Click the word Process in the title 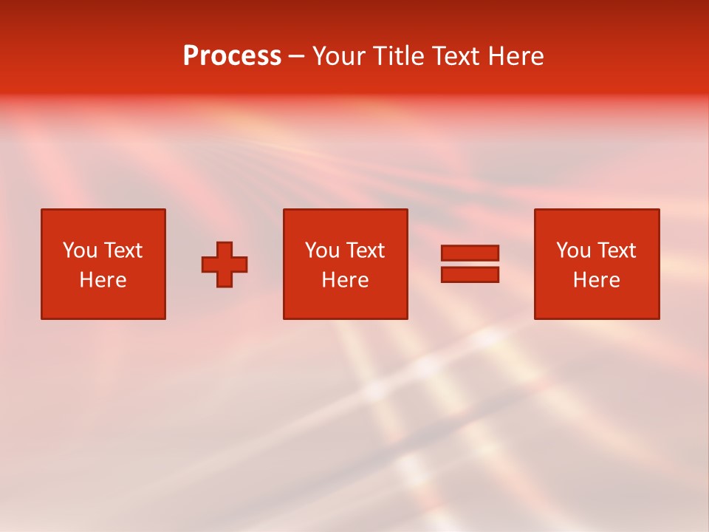pyautogui.click(x=232, y=56)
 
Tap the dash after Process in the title pyautogui.click(x=297, y=57)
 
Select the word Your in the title pyautogui.click(x=339, y=56)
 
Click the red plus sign pyautogui.click(x=225, y=264)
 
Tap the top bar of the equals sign pyautogui.click(x=470, y=253)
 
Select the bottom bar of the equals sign pyautogui.click(x=470, y=274)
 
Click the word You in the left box pyautogui.click(x=79, y=250)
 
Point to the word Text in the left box pyautogui.click(x=122, y=250)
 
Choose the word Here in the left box pyautogui.click(x=103, y=280)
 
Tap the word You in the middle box pyautogui.click(x=321, y=250)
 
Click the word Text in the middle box pyautogui.click(x=364, y=250)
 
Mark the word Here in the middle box pyautogui.click(x=345, y=280)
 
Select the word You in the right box pyautogui.click(x=572, y=250)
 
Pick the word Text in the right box pyautogui.click(x=615, y=250)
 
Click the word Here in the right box pyautogui.click(x=596, y=280)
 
